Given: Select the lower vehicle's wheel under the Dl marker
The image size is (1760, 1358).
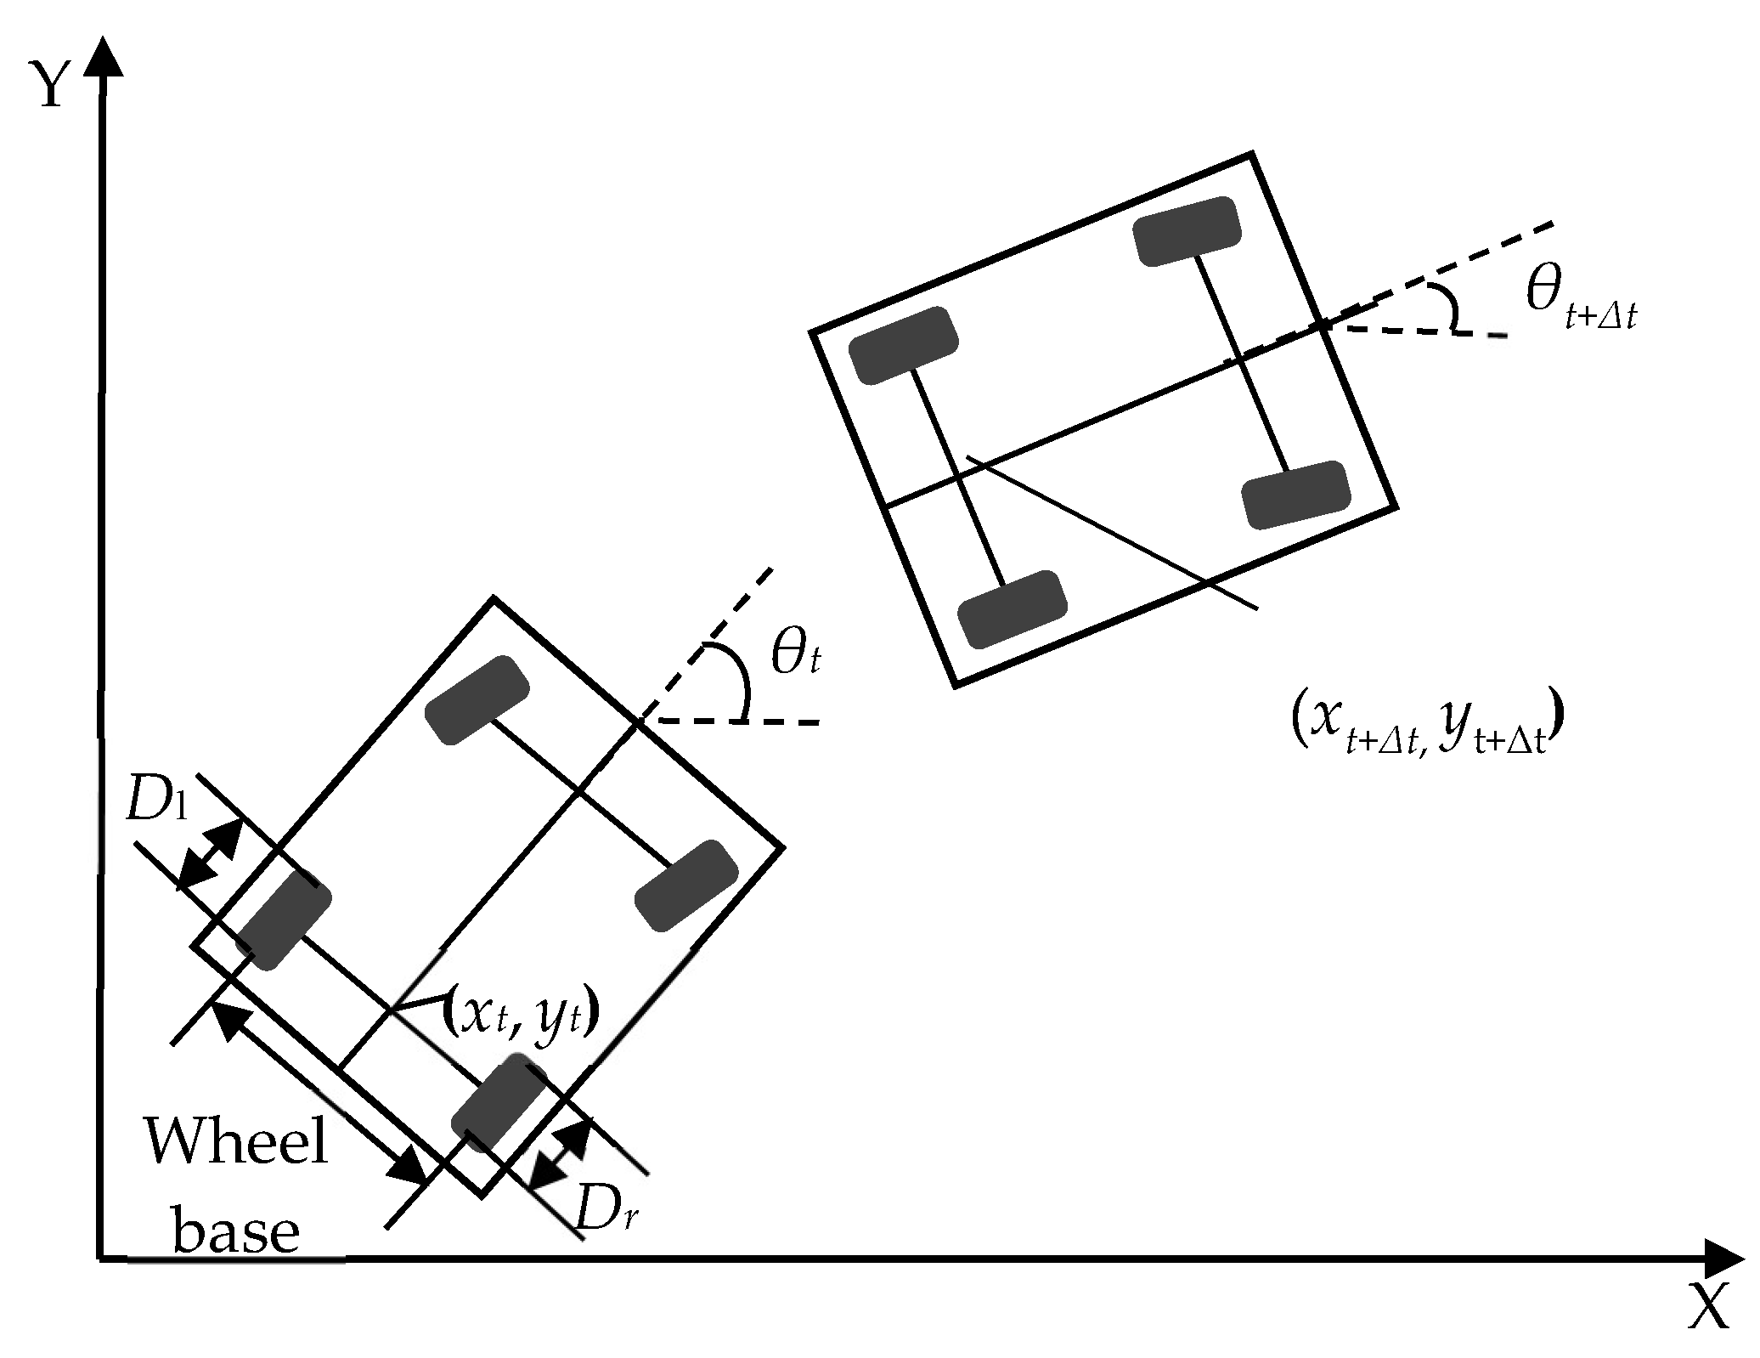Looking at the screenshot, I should (x=283, y=919).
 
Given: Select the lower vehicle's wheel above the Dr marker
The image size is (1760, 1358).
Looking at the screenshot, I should (x=499, y=1102).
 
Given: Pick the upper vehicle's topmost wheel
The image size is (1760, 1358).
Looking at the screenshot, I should (x=1187, y=231).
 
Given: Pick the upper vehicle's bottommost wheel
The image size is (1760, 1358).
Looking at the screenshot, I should (x=1012, y=608).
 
